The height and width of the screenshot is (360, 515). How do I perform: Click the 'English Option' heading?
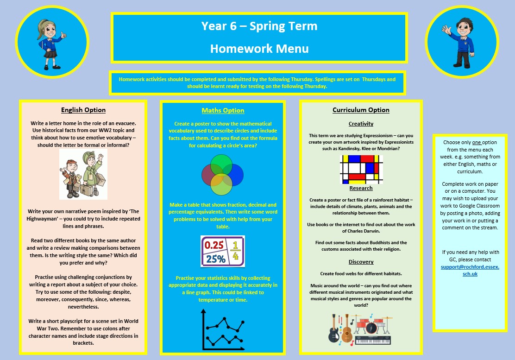click(x=83, y=110)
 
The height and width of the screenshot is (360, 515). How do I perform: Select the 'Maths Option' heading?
click(x=223, y=110)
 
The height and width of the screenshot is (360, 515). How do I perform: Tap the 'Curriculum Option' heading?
click(x=361, y=110)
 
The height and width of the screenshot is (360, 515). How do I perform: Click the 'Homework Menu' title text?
click(x=259, y=49)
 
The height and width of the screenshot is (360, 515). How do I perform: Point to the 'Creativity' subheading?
click(x=361, y=124)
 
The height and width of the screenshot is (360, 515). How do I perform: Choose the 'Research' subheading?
click(x=361, y=188)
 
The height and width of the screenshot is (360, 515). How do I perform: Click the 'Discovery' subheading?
click(x=361, y=262)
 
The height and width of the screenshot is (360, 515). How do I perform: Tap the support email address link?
click(x=470, y=271)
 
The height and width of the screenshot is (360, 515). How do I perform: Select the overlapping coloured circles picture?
click(x=222, y=174)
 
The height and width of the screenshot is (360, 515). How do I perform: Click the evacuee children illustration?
click(x=83, y=174)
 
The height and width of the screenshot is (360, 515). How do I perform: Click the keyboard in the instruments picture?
click(x=372, y=340)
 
